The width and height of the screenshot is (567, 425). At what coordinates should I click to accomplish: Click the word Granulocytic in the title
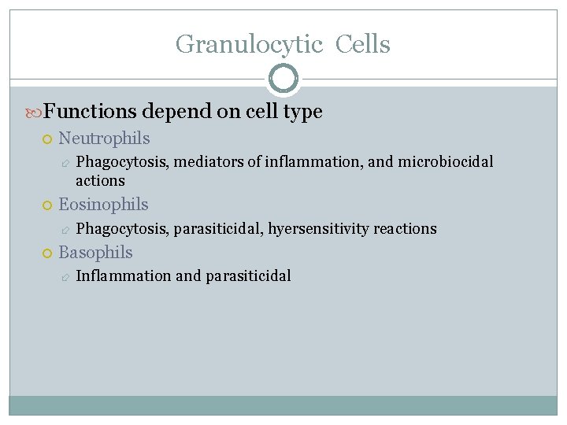(249, 44)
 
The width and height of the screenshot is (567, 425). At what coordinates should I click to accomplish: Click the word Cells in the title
(362, 44)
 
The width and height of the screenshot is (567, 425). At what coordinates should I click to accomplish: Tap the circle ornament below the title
(283, 79)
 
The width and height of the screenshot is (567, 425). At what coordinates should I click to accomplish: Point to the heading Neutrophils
(104, 139)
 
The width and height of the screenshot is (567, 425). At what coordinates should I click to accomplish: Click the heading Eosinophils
(103, 205)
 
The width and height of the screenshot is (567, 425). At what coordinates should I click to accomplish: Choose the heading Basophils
(95, 253)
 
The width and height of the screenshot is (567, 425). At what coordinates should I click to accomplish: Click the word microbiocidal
(447, 162)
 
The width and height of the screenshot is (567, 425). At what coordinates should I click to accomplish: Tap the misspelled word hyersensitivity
(318, 229)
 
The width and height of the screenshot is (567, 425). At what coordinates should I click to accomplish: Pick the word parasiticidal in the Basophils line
(248, 276)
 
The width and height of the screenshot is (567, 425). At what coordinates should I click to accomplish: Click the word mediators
(208, 162)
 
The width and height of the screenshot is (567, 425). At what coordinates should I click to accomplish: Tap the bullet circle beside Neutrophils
(47, 139)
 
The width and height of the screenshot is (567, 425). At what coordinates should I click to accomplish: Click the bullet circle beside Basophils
(47, 253)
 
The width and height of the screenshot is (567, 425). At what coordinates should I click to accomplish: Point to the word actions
(100, 181)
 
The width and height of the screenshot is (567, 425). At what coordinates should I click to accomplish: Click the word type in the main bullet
(304, 112)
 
